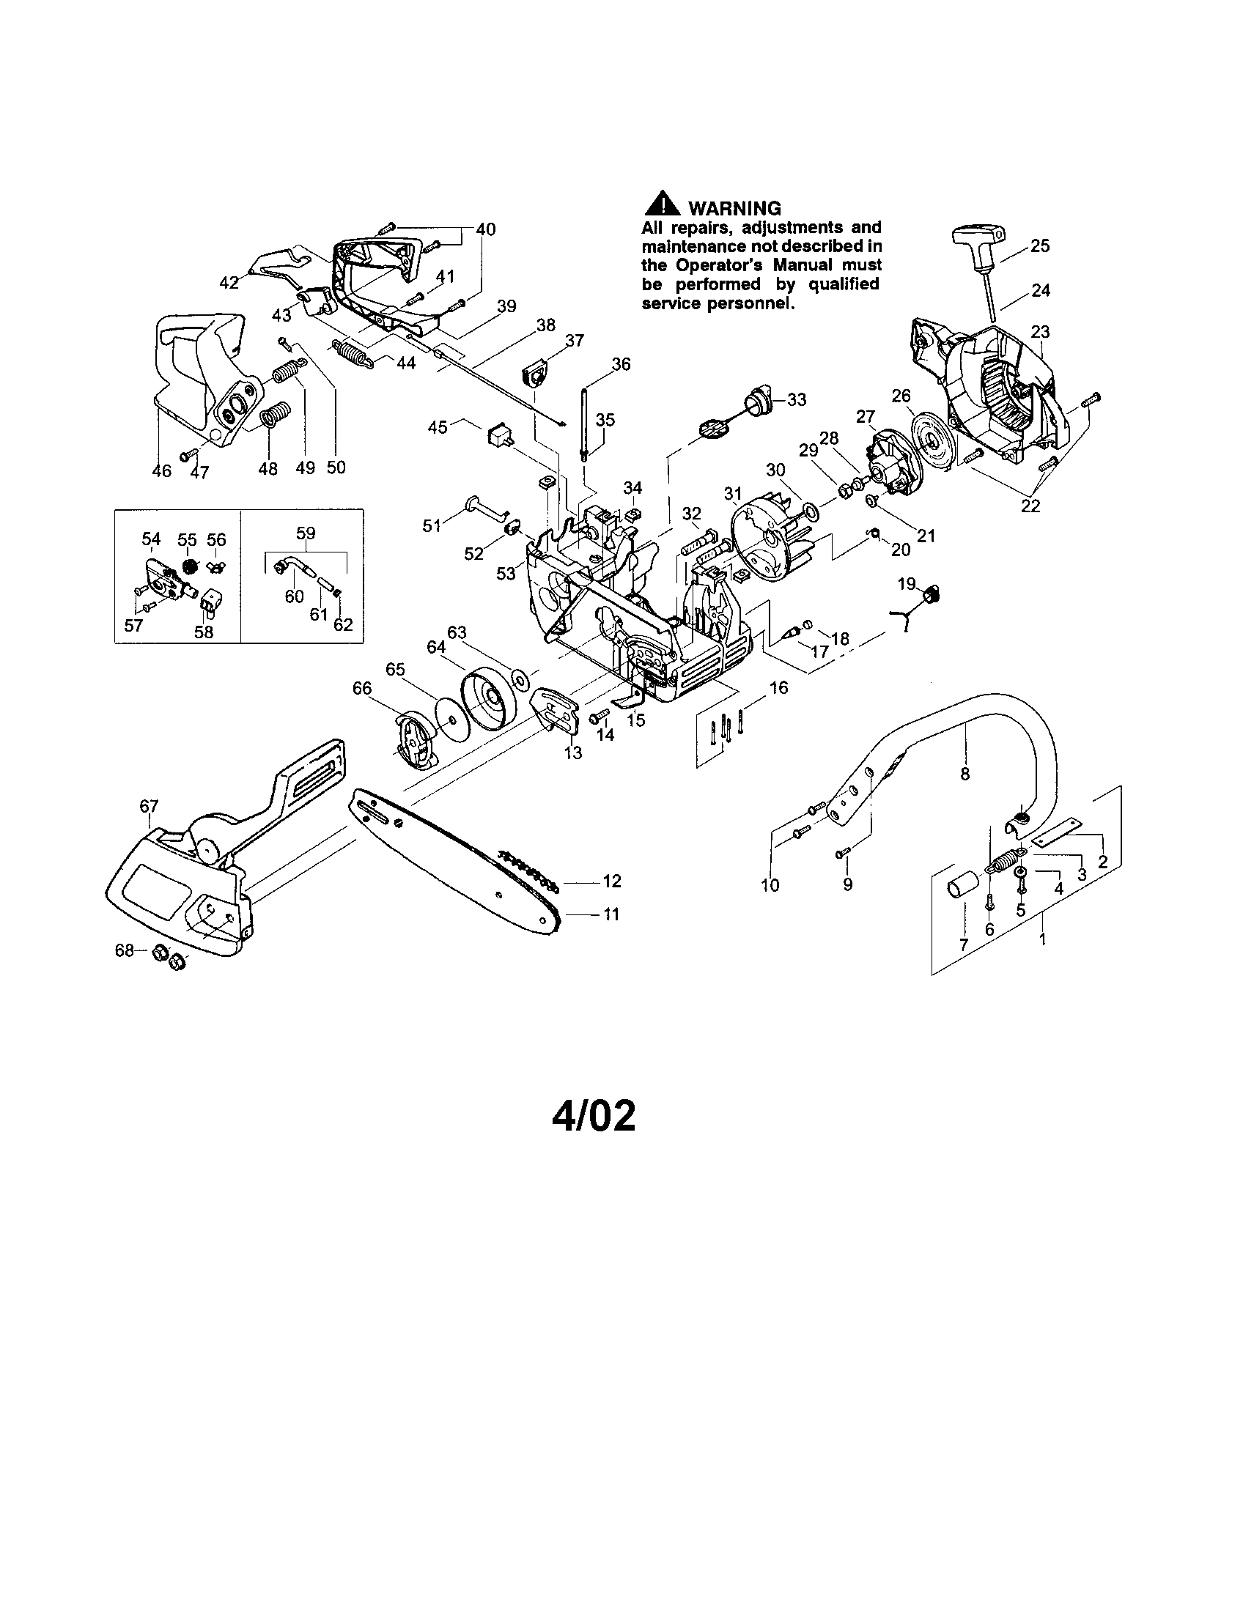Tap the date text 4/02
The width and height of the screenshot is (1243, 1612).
point(593,1117)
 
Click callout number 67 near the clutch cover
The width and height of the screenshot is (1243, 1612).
point(149,806)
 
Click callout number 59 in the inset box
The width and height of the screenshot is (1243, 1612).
point(305,532)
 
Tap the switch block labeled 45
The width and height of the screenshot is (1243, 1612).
point(499,435)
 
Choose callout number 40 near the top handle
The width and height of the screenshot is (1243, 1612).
point(485,229)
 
